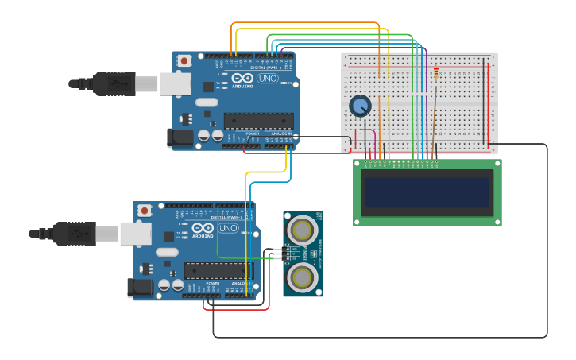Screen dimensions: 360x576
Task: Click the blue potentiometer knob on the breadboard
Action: pyautogui.click(x=360, y=106)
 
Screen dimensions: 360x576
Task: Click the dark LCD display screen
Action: pyautogui.click(x=427, y=192)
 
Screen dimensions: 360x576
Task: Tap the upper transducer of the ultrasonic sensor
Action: pyautogui.click(x=303, y=230)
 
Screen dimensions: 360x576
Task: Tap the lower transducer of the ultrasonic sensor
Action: pyautogui.click(x=303, y=277)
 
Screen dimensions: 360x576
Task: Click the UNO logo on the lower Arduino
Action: pyautogui.click(x=228, y=228)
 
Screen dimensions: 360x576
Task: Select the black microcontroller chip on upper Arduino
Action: pyautogui.click(x=257, y=121)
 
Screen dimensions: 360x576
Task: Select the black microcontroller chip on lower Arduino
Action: pyautogui.click(x=218, y=270)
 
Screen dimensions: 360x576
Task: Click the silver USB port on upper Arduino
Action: pyautogui.click(x=175, y=83)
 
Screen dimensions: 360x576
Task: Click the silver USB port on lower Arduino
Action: pyautogui.click(x=135, y=233)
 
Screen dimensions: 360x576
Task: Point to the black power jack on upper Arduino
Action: pyautogui.click(x=181, y=137)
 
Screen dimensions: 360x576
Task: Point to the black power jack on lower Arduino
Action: pyautogui.click(x=141, y=287)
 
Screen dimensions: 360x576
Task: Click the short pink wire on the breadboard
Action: pyautogui.click(x=367, y=130)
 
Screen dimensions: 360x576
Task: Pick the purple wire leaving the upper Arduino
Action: pyautogui.click(x=350, y=48)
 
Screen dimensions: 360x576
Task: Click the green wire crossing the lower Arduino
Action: pyautogui.click(x=217, y=238)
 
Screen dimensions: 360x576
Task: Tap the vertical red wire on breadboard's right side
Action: pyautogui.click(x=488, y=103)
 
